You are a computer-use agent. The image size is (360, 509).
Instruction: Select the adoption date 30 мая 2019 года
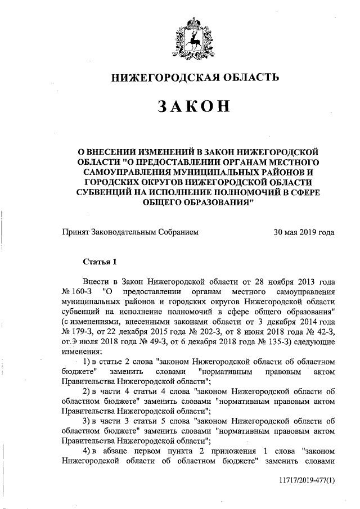pos(304,232)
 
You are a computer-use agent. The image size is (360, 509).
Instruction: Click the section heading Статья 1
pos(101,261)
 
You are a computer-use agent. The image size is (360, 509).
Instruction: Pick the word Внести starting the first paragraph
pos(96,281)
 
